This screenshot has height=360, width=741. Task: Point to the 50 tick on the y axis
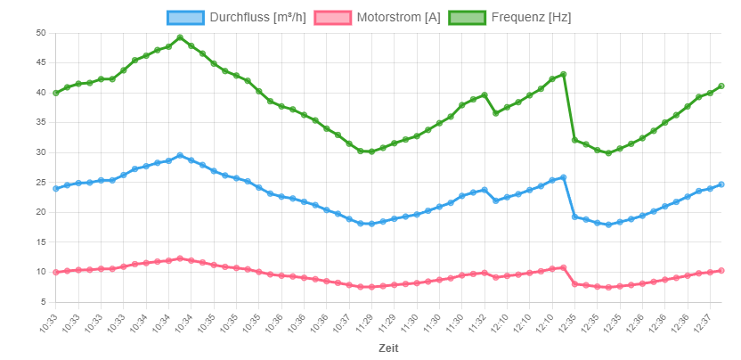point(40,33)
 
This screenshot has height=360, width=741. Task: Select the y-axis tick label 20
point(40,212)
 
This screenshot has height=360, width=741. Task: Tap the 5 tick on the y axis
point(43,302)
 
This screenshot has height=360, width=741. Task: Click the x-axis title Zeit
point(388,348)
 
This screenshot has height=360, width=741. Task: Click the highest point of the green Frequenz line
point(180,37)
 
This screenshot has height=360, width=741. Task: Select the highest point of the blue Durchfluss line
point(180,155)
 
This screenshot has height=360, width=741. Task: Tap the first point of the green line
point(56,93)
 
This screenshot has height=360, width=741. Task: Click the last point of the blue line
point(721,184)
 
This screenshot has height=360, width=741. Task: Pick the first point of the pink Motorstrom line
point(56,272)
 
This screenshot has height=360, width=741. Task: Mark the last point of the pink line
point(721,270)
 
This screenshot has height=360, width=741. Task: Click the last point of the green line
point(721,86)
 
